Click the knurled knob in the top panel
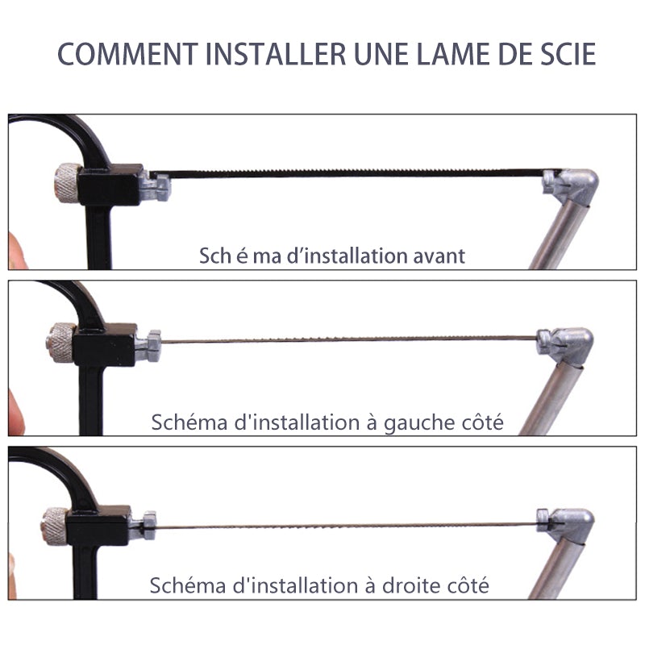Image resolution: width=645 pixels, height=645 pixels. tap(68, 182)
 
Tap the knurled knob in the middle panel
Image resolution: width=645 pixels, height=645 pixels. tap(60, 342)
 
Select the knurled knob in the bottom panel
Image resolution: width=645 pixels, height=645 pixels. tap(54, 526)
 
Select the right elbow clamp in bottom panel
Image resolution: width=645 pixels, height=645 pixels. tap(568, 524)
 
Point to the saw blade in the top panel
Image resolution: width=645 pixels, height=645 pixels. tap(347, 173)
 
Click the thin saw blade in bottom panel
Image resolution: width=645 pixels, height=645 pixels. tap(347, 526)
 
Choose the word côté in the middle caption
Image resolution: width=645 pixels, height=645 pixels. tap(481, 422)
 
